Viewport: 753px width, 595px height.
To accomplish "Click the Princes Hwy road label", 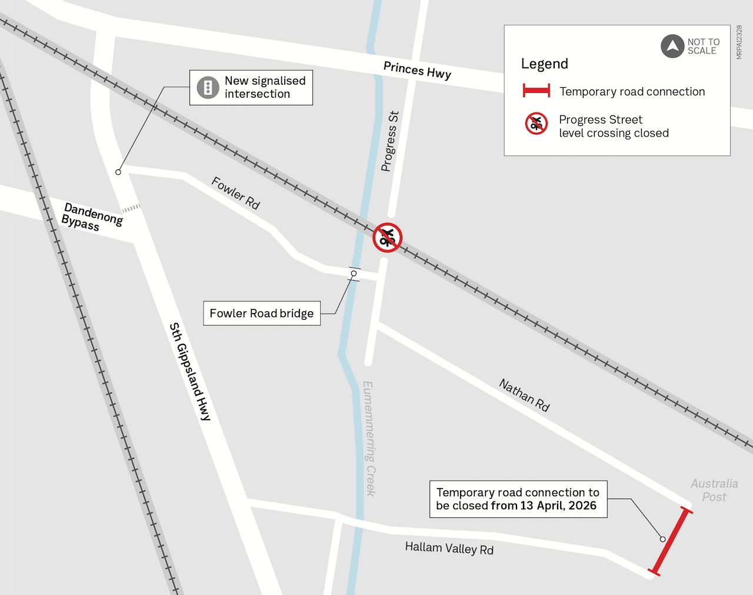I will [x=417, y=70].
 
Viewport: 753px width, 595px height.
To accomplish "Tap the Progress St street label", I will [x=389, y=141].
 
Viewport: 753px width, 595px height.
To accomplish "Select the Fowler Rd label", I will [x=235, y=192].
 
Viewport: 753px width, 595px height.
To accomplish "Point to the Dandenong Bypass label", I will [x=92, y=217].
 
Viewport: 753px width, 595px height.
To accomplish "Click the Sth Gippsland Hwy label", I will [x=189, y=371].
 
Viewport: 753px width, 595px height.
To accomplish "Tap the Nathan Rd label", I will [x=524, y=395].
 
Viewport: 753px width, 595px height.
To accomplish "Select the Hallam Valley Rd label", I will [x=449, y=549].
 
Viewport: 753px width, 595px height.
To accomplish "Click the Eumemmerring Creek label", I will [x=369, y=438].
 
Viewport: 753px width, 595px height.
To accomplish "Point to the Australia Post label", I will [x=714, y=490].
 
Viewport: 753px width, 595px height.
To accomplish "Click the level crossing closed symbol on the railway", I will [x=387, y=237].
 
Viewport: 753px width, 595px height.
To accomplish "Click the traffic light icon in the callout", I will [x=208, y=88].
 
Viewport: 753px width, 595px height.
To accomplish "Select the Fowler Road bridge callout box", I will [x=261, y=313].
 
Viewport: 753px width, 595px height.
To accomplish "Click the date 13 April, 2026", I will [x=558, y=506].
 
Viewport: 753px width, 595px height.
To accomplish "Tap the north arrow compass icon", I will [x=672, y=46].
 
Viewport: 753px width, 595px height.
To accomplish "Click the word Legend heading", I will [x=544, y=64].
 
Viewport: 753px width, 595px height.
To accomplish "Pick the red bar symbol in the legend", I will [x=536, y=91].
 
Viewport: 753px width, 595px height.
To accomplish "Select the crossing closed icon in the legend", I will [x=536, y=124].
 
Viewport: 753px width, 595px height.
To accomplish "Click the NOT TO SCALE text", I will [x=703, y=46].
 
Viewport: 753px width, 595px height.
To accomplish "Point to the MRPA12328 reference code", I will [x=739, y=42].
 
